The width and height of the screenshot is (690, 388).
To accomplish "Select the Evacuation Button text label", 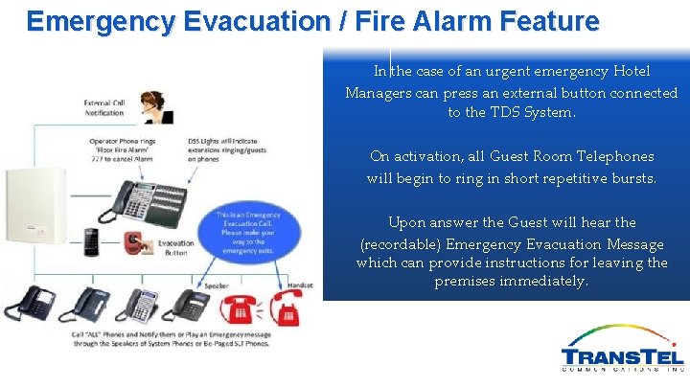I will pos(175,248).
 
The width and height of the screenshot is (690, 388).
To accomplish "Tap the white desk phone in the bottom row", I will pos(140,304).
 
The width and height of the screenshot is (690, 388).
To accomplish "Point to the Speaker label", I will pos(216,285).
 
